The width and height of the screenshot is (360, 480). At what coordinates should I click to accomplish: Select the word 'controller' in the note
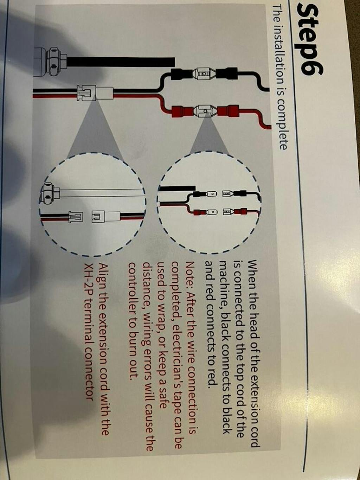click(133, 287)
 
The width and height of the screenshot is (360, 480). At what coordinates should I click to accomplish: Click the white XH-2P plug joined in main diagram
click(95, 93)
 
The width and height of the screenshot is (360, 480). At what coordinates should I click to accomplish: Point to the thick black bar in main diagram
click(121, 62)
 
